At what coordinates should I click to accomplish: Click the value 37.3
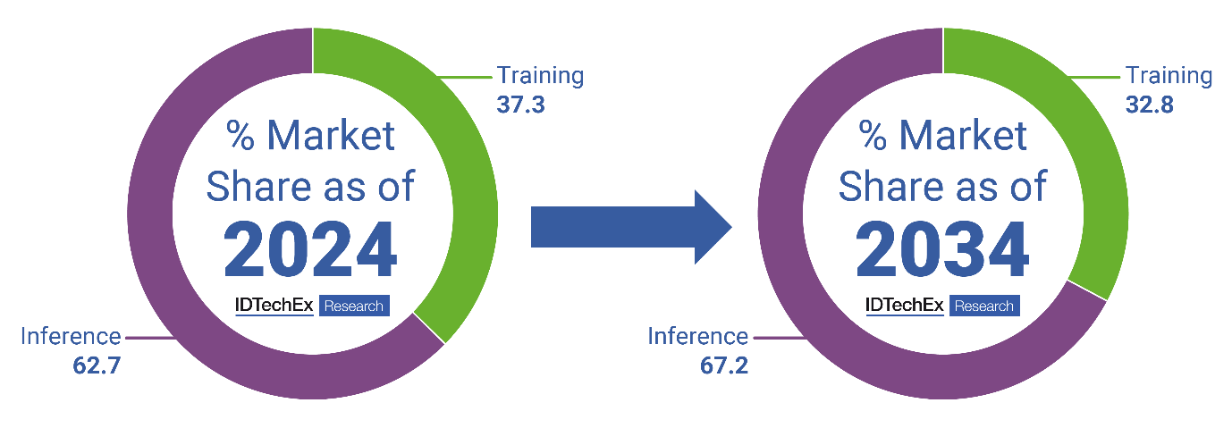(520, 105)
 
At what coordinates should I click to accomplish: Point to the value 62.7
(97, 365)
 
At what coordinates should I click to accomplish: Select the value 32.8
(1149, 105)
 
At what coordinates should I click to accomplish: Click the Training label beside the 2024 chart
(540, 76)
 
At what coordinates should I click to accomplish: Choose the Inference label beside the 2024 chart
(71, 337)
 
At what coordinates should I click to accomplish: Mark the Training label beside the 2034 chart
(1169, 76)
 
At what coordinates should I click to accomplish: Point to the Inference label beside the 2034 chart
(698, 337)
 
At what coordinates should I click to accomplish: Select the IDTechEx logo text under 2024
(274, 306)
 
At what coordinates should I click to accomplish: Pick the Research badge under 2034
(983, 306)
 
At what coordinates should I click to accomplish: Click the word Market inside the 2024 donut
(331, 136)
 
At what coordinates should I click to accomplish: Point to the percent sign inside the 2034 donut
(873, 136)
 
